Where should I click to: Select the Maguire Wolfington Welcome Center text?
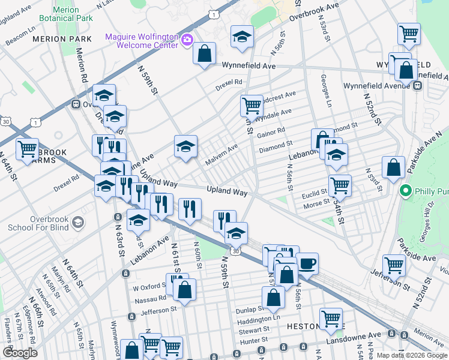click(x=142, y=41)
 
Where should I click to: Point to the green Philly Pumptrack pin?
click(x=406, y=191)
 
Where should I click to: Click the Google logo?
click(x=20, y=353)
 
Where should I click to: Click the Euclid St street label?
click(x=315, y=193)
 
